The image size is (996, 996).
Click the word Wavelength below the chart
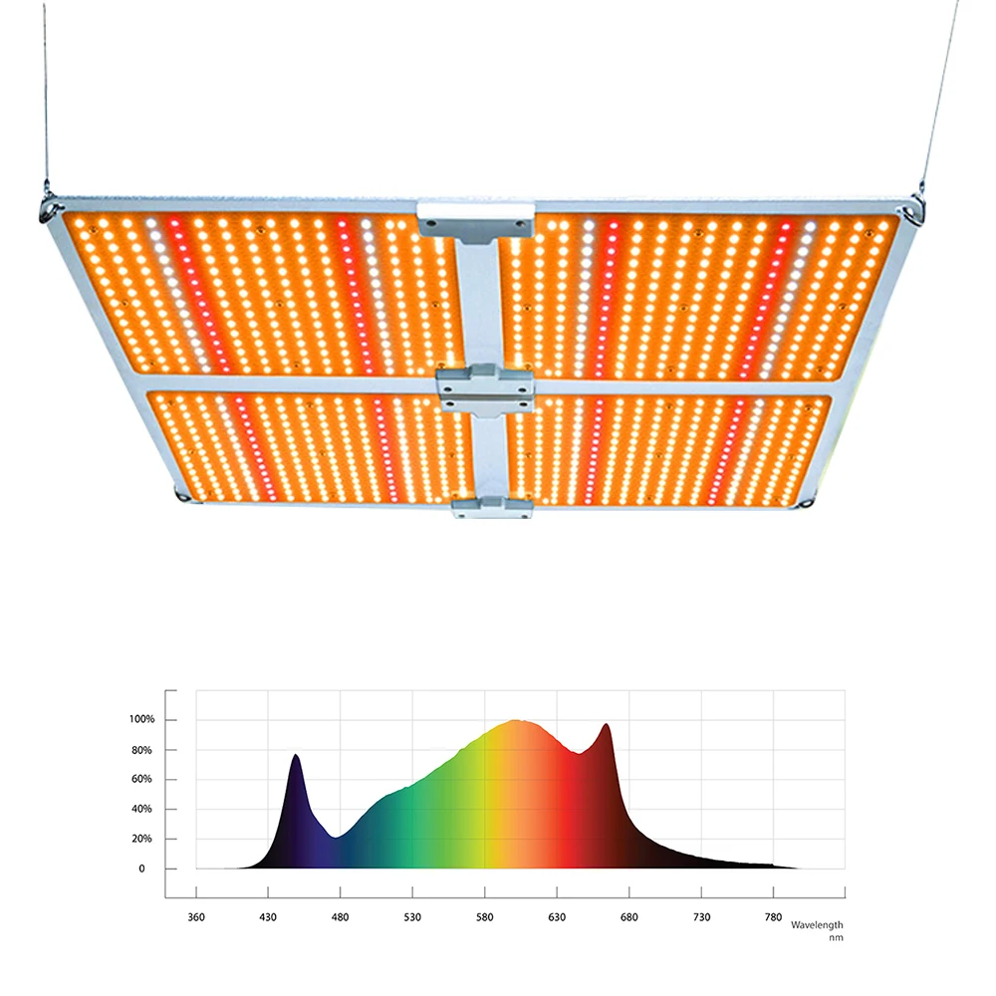click(x=817, y=925)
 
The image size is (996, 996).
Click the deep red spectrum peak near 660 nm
click(x=606, y=727)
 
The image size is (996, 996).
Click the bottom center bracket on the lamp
click(x=492, y=509)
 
